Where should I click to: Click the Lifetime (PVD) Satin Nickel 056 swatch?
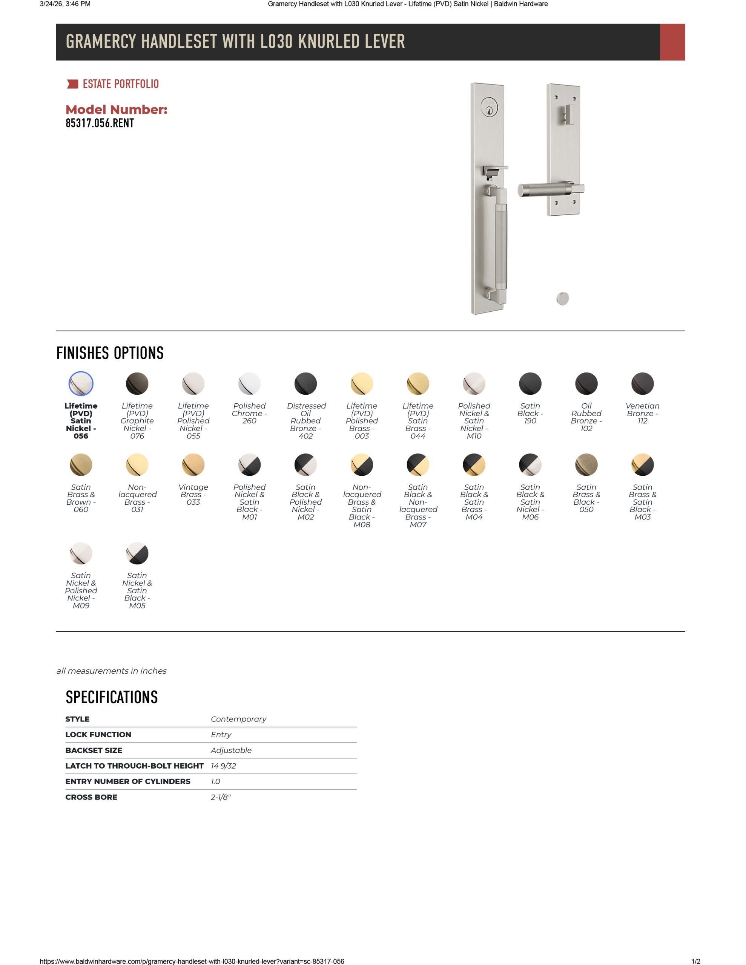(81, 383)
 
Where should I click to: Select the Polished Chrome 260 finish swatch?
(249, 383)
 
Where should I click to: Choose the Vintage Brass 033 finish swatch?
(193, 465)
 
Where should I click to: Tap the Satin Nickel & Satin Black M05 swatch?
(137, 553)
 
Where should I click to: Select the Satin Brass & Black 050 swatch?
(586, 465)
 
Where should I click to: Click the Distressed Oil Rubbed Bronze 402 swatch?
(305, 383)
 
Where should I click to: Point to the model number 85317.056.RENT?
(100, 123)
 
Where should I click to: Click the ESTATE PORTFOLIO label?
(120, 84)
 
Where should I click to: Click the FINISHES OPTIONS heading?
(110, 353)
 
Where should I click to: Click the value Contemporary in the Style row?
(238, 719)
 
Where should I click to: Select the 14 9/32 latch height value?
(223, 766)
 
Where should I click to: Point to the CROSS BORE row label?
(92, 797)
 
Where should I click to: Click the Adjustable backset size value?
(231, 750)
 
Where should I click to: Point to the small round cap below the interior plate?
(562, 299)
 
